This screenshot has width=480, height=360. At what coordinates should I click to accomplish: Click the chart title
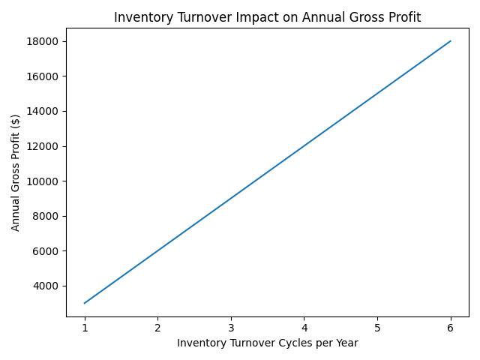click(x=267, y=17)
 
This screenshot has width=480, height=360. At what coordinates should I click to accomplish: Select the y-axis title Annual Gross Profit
click(x=16, y=172)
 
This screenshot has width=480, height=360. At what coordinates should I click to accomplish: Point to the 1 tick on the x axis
click(x=85, y=328)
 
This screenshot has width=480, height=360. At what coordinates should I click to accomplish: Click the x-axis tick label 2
click(x=157, y=328)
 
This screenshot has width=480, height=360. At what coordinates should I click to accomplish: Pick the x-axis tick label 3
click(x=231, y=328)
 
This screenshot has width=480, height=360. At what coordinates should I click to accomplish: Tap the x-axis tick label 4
click(x=304, y=328)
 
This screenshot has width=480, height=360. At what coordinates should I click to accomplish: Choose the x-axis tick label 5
click(x=377, y=328)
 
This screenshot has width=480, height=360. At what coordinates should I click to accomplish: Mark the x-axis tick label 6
click(x=450, y=328)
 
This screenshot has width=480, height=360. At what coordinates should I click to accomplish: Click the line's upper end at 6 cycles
click(x=450, y=41)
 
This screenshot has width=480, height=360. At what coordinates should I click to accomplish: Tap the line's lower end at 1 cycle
click(x=85, y=303)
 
